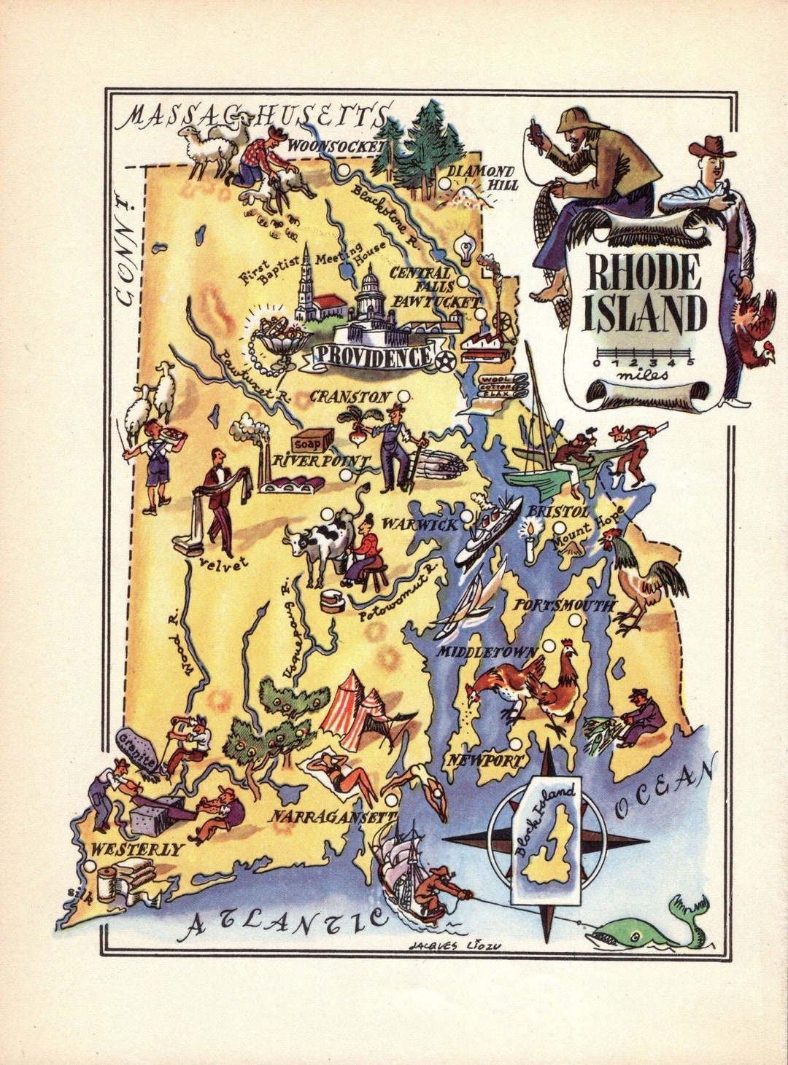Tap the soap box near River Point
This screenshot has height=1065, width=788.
(312, 440)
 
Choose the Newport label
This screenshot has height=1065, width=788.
(485, 760)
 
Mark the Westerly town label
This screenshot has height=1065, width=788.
(136, 849)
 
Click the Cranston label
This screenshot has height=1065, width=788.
(349, 397)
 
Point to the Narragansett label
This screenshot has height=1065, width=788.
(333, 817)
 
